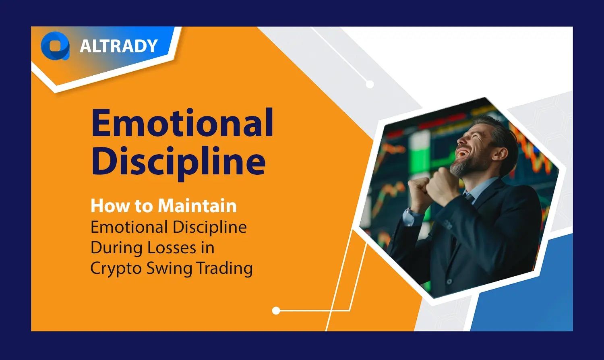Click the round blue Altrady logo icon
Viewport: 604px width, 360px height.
tap(55, 46)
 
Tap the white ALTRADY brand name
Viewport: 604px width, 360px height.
tap(118, 46)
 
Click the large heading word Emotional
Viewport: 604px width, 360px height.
tap(182, 123)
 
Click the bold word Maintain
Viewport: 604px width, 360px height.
tap(197, 206)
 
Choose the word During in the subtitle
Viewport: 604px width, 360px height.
tap(117, 247)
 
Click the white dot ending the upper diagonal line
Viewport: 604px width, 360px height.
tap(370, 84)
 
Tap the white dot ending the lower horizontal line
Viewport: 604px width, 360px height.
tap(276, 310)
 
